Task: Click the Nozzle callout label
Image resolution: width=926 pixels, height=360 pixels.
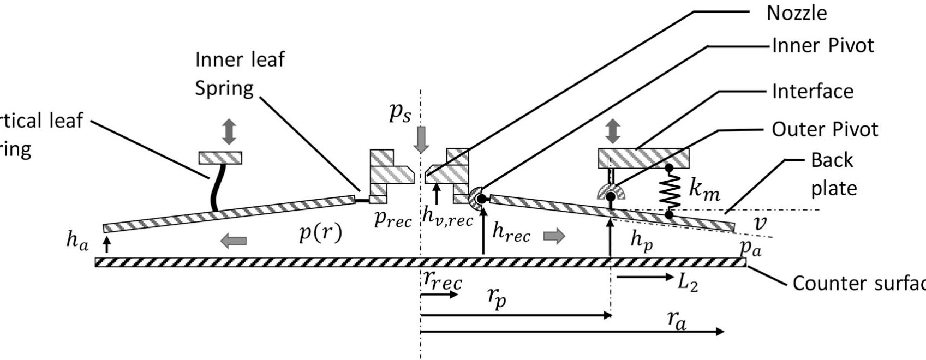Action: point(797,13)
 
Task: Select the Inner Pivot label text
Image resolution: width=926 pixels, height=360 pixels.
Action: point(823,45)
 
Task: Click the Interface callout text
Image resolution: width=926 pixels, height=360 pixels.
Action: point(813,91)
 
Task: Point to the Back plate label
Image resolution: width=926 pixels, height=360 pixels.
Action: point(833,173)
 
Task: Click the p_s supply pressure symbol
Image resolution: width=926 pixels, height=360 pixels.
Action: point(400,112)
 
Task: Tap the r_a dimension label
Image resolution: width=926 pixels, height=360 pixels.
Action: point(677,321)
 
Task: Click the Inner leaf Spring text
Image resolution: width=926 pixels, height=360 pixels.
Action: point(240,73)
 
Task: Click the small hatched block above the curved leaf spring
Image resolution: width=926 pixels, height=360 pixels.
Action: point(220,158)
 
